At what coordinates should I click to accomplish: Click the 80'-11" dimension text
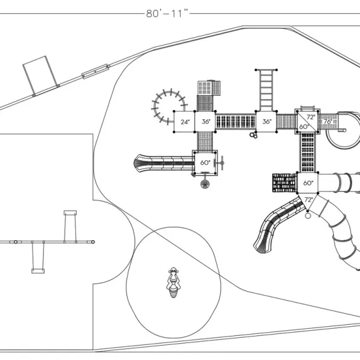click(x=167, y=13)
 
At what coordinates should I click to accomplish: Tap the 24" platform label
click(x=185, y=122)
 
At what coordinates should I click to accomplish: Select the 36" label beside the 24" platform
click(x=206, y=122)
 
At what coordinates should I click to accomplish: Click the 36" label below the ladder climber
click(x=267, y=122)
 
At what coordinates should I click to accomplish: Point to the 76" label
click(x=328, y=122)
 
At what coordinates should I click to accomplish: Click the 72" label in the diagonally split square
click(x=310, y=117)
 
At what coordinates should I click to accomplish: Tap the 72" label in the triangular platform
click(x=309, y=200)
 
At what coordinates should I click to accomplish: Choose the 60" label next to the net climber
click(x=308, y=183)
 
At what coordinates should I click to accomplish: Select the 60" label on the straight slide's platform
click(x=205, y=163)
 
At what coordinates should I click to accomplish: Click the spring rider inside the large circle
click(x=173, y=283)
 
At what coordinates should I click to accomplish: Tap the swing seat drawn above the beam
click(x=70, y=213)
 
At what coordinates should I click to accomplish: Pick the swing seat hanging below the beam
click(x=38, y=271)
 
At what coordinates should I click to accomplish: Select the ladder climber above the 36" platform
click(x=266, y=91)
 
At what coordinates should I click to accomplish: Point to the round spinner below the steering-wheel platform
click(x=205, y=184)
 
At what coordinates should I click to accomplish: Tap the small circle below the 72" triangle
click(x=308, y=216)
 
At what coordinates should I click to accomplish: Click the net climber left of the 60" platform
click(x=285, y=183)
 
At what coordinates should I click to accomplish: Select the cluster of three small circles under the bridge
click(x=254, y=136)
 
